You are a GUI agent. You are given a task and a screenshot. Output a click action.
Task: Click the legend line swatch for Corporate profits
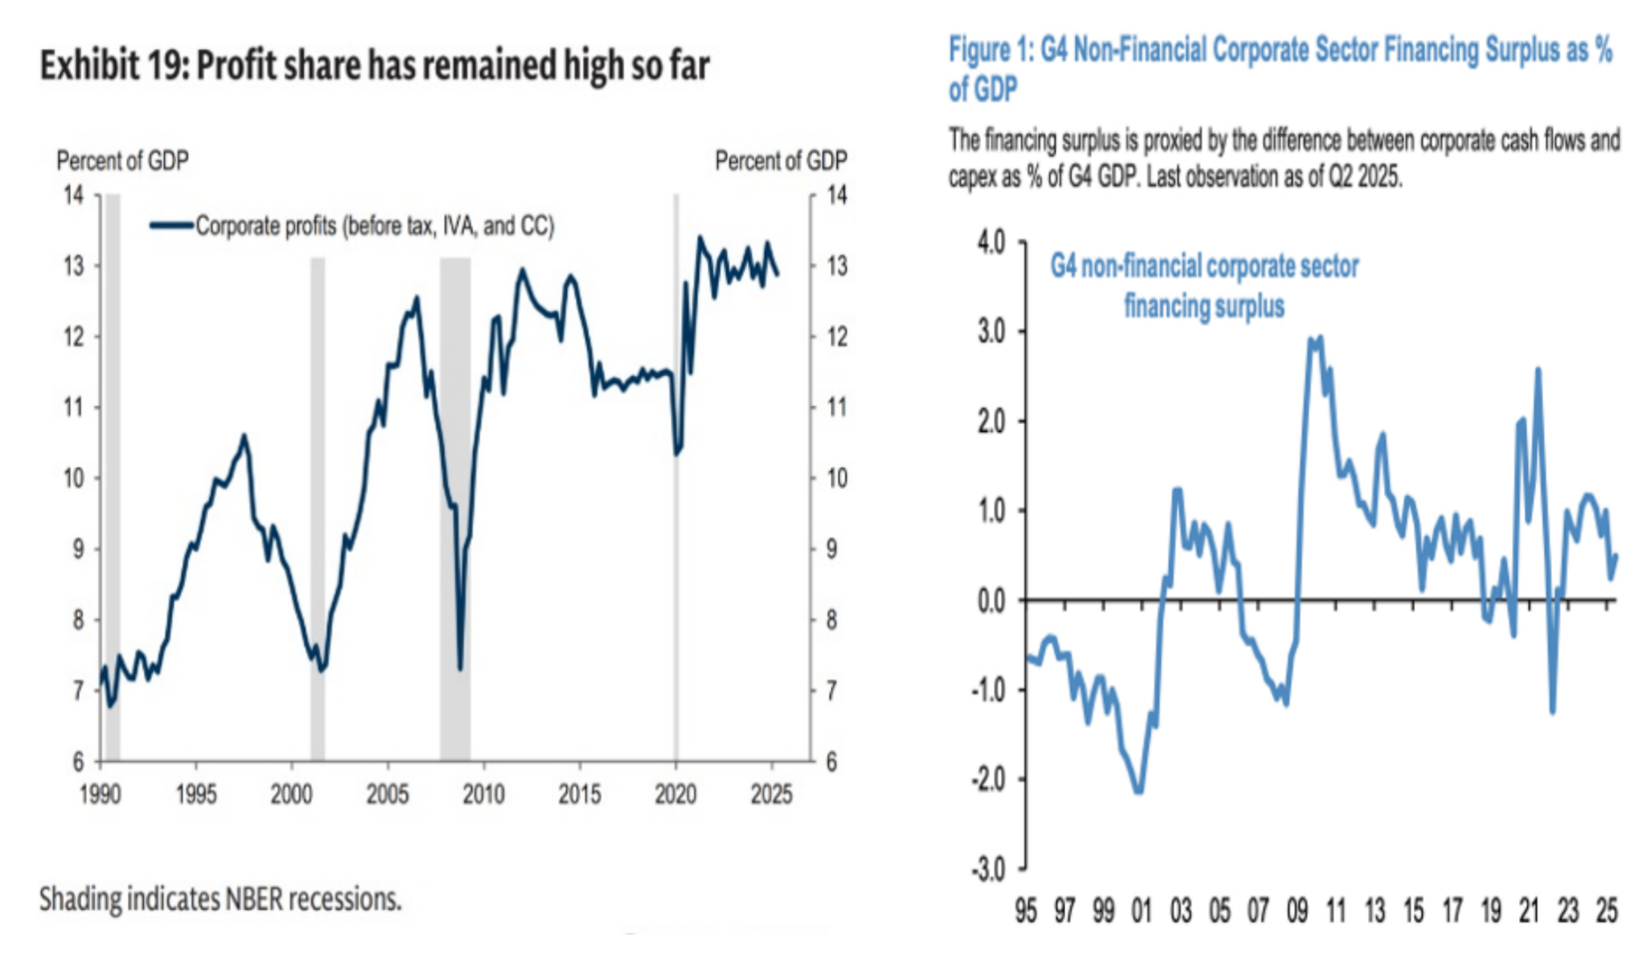click(x=171, y=226)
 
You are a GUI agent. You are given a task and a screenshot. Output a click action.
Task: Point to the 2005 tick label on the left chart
click(x=387, y=795)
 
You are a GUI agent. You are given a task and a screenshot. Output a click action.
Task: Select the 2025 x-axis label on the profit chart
click(x=771, y=795)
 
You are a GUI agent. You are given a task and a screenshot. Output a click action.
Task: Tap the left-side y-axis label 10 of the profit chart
click(x=73, y=479)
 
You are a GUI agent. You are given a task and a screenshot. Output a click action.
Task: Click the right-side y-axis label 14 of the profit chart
click(x=837, y=195)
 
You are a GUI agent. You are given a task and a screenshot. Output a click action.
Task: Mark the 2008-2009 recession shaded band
click(x=455, y=507)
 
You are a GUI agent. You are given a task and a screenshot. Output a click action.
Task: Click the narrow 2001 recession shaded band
click(x=318, y=507)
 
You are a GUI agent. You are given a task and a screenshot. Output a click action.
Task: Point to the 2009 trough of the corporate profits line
click(x=460, y=668)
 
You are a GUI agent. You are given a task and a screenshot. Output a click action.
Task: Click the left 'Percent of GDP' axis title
click(x=122, y=161)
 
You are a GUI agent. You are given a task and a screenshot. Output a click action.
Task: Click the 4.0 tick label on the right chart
click(x=991, y=242)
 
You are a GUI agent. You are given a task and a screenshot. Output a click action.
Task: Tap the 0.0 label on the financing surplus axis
click(x=991, y=601)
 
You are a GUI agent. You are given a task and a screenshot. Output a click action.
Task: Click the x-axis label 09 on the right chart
click(x=1297, y=911)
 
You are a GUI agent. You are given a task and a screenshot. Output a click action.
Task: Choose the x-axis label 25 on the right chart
click(x=1607, y=911)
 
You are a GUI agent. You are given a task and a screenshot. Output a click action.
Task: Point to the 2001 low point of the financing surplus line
click(x=1139, y=792)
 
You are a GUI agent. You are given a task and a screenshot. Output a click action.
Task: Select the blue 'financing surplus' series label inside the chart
click(x=1204, y=306)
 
